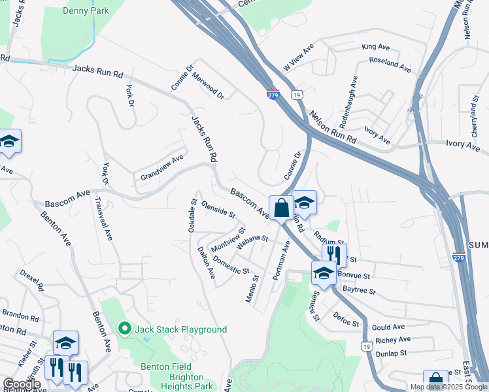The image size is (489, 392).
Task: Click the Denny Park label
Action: click(x=86, y=10)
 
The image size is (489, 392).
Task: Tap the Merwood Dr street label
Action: click(x=208, y=85)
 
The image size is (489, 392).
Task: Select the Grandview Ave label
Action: click(x=162, y=169)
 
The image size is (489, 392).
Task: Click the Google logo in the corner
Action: click(x=22, y=384)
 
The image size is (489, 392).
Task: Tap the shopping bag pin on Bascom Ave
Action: click(x=281, y=208)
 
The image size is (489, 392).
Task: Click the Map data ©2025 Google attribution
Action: click(x=448, y=387)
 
